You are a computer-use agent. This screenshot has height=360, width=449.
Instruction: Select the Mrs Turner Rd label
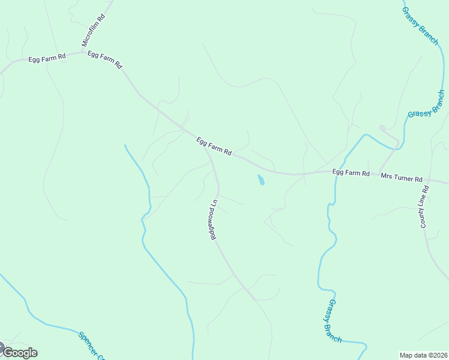tap(402, 178)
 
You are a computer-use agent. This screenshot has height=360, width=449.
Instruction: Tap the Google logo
tap(19, 352)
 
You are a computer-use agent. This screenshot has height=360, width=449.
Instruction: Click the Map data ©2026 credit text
tap(423, 355)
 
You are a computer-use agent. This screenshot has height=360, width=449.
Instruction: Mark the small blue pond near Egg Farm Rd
tap(261, 180)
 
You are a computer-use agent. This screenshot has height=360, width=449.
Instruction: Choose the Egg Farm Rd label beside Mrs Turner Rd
tap(351, 173)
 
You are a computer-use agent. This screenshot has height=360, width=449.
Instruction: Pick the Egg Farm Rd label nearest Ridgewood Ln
tap(214, 146)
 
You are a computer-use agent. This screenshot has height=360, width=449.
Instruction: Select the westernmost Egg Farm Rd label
tap(47, 59)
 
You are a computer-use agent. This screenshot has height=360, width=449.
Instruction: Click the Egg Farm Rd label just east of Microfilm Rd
tap(105, 58)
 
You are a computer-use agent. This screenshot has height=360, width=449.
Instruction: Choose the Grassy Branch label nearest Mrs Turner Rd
tap(427, 103)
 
